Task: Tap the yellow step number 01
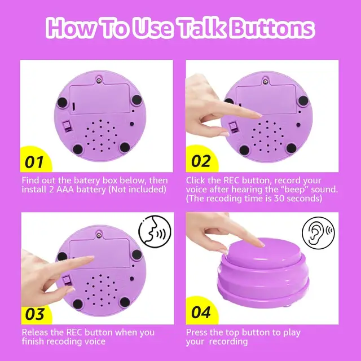click(x=34, y=162)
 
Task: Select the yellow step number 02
click(x=201, y=161)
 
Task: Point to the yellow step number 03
click(x=34, y=314)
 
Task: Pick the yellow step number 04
click(x=201, y=312)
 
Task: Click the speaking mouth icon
click(x=155, y=231)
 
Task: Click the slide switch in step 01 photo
click(x=67, y=126)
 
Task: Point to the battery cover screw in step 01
click(x=99, y=81)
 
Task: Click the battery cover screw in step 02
click(x=266, y=81)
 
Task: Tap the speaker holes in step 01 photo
click(x=102, y=135)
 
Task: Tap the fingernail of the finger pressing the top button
click(x=262, y=244)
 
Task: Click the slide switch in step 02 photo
click(x=233, y=128)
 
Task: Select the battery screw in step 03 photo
click(x=99, y=235)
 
